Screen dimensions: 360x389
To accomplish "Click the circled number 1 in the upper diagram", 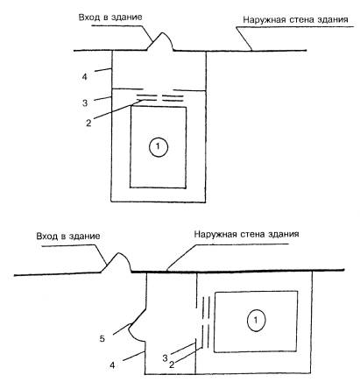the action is pos(159,146).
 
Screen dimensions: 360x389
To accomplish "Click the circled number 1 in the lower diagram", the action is pos(256,320).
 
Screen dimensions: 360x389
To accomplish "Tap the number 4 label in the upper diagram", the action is pos(84,77).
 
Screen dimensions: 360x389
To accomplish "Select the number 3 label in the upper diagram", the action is pos(85,103).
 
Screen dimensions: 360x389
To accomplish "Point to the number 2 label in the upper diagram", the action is pos(88,123).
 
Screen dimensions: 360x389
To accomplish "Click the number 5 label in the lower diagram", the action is pos(102,339).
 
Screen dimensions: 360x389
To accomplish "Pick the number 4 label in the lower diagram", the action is pos(112,365).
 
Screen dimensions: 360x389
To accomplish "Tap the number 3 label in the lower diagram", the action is pos(166,358).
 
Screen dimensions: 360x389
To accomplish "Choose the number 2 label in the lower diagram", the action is pos(172,364).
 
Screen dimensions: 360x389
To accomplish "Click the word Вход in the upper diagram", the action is pos(89,18).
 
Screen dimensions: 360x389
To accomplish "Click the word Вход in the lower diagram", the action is pos(47,237).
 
